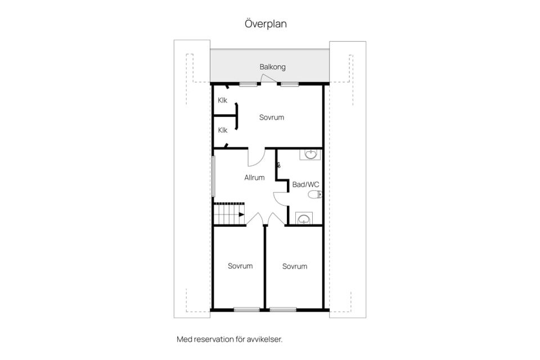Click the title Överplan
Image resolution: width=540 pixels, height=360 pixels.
(265, 24)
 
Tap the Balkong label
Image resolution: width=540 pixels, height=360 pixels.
(272, 67)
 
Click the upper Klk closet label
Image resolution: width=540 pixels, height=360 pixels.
(223, 100)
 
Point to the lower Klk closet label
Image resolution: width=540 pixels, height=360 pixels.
(223, 130)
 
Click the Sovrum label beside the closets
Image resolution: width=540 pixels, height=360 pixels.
(272, 118)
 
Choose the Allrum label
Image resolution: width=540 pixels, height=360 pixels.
(254, 178)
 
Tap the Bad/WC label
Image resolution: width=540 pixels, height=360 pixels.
(305, 184)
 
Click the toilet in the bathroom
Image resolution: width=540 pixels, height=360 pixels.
(314, 195)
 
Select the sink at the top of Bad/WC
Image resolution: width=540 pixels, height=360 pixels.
(310, 155)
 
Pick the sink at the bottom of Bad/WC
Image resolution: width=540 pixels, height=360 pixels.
(304, 218)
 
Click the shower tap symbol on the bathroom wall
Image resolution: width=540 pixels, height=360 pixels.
(278, 165)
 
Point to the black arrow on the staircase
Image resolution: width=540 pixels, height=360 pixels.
(241, 215)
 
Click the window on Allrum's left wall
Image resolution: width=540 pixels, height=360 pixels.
(214, 176)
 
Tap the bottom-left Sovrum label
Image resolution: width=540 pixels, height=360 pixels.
(240, 266)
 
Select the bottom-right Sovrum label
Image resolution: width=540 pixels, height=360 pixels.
(295, 266)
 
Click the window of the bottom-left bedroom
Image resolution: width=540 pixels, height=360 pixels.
(246, 310)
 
